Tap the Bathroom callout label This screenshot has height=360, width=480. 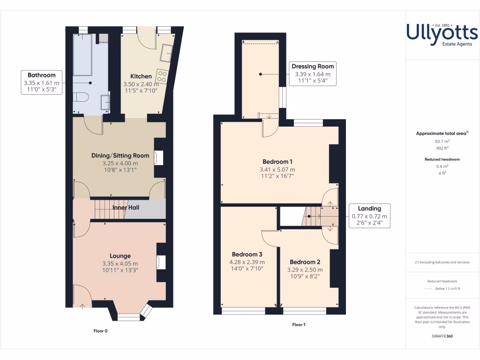pos(42,75)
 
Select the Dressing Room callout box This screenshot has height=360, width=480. pos(312,74)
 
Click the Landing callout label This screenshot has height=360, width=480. pos(369,209)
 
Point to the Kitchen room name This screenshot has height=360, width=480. pos(141,76)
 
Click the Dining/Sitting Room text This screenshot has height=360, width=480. pos(120,156)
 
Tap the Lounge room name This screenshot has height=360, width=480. pos(120,256)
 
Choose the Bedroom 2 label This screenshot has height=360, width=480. pos(305,262)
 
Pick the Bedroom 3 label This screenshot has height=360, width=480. pos(247,255)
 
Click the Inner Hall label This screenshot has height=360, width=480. pos(126,208)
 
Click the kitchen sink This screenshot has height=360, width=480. pos(165,52)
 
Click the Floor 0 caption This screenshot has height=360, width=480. pos(100,331)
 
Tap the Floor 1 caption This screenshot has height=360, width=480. pos(299,324)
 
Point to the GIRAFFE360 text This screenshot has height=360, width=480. pos(442,336)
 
